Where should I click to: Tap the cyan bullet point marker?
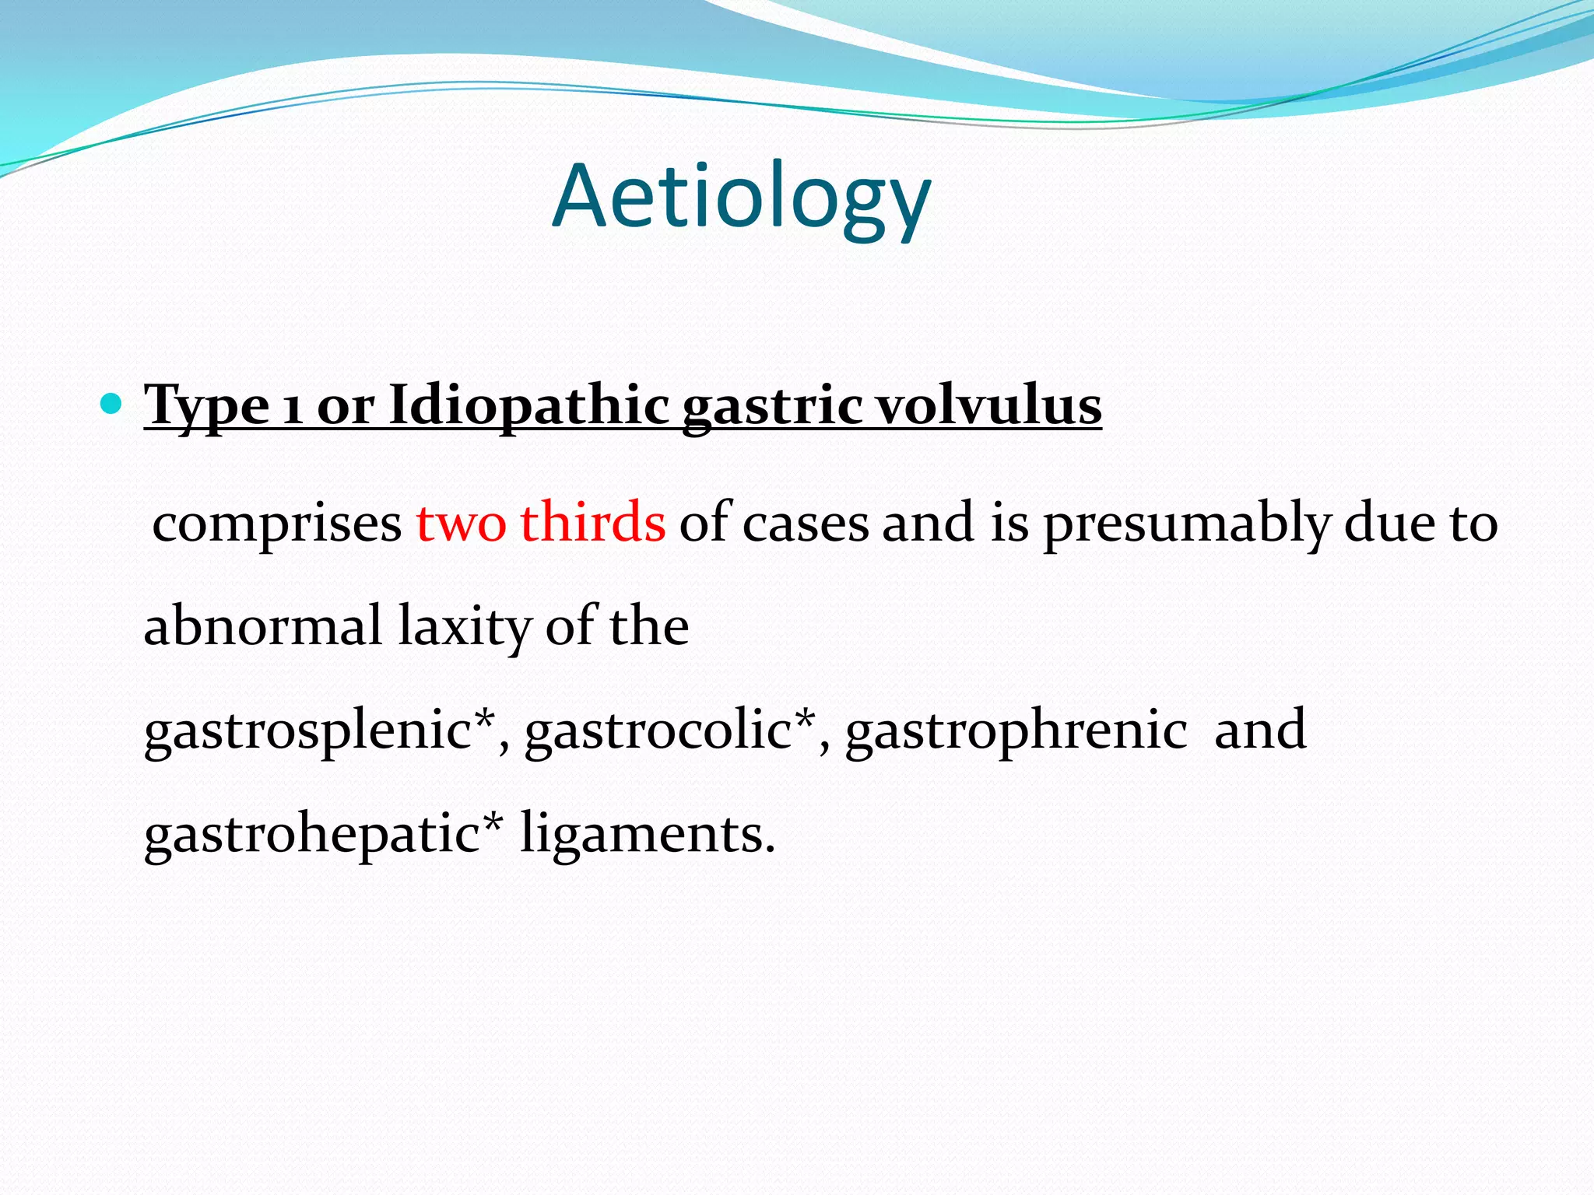[x=112, y=403]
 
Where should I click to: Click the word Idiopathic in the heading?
[x=528, y=406]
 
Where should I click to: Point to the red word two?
[x=462, y=523]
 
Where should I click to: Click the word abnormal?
[x=263, y=626]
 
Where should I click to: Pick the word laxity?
[x=464, y=627]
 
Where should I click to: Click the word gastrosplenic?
[x=308, y=731]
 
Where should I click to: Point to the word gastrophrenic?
[x=1016, y=731]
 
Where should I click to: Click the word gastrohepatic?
[x=311, y=836]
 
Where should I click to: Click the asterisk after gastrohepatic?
[x=492, y=822]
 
